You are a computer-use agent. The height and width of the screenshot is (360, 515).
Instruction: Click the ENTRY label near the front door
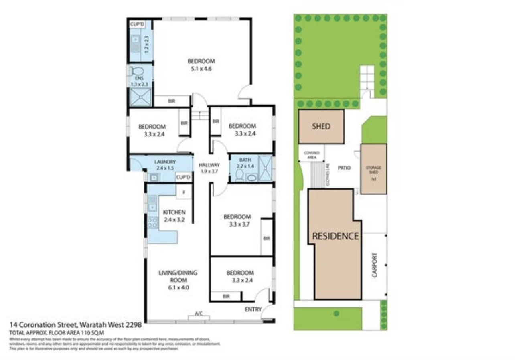coord(253,309)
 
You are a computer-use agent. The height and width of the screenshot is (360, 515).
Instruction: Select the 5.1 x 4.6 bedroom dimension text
coord(201,69)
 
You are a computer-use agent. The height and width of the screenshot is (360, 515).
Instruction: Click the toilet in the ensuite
coord(134,71)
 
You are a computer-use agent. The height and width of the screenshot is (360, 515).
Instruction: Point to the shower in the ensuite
coord(140,97)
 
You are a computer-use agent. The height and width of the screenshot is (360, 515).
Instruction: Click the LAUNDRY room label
coord(165,162)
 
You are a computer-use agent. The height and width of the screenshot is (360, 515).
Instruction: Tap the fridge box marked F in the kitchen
coord(184,192)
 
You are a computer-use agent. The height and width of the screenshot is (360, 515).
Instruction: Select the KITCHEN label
coord(174,212)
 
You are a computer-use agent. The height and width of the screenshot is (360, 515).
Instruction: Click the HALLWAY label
coord(209,165)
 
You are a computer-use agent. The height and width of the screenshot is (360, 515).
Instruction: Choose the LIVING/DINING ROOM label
coord(178,276)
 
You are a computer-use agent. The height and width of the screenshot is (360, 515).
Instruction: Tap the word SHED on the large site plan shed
coord(321,126)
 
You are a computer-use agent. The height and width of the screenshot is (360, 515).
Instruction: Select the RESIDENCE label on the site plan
coord(335,236)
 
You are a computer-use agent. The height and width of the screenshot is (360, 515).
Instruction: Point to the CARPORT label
coord(375,265)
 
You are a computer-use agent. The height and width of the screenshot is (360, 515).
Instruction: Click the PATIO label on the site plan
coord(344,168)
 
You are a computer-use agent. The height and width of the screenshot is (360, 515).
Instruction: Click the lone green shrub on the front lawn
coord(336,313)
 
